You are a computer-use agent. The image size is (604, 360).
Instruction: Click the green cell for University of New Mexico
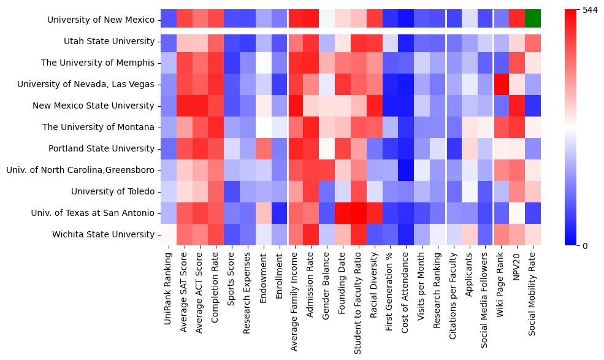tap(533, 20)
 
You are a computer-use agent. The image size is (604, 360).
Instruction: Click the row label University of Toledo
tap(113, 191)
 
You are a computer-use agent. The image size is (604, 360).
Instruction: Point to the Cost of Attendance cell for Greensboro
tap(405, 170)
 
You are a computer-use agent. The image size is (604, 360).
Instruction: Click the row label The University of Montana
tap(97, 127)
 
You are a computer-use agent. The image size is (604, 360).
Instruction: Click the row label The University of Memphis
tap(97, 63)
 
